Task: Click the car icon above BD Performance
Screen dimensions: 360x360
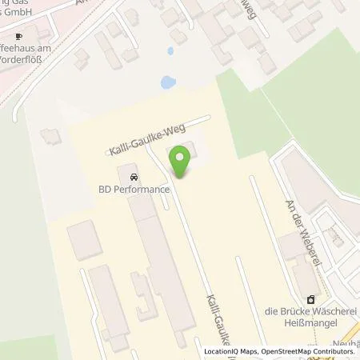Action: point(133,177)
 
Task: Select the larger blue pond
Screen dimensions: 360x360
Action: point(168,82)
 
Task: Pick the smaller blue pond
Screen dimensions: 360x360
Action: point(170,51)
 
